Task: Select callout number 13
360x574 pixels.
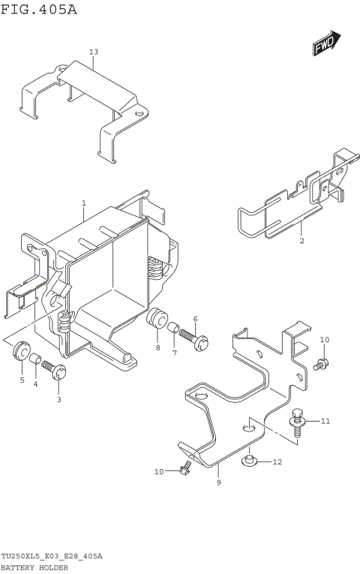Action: pyautogui.click(x=93, y=52)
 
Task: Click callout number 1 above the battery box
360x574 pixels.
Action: pyautogui.click(x=84, y=203)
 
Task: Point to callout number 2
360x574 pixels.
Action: pyautogui.click(x=301, y=241)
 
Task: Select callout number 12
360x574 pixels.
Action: pyautogui.click(x=277, y=461)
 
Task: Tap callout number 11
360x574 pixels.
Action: pyautogui.click(x=325, y=421)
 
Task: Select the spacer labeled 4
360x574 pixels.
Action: pyautogui.click(x=35, y=367)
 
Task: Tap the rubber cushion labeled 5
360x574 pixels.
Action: pyautogui.click(x=20, y=350)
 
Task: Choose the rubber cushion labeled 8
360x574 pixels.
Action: pyautogui.click(x=156, y=317)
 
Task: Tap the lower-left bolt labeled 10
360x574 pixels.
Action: pyautogui.click(x=184, y=468)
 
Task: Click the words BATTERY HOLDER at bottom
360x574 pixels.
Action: pyautogui.click(x=35, y=567)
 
